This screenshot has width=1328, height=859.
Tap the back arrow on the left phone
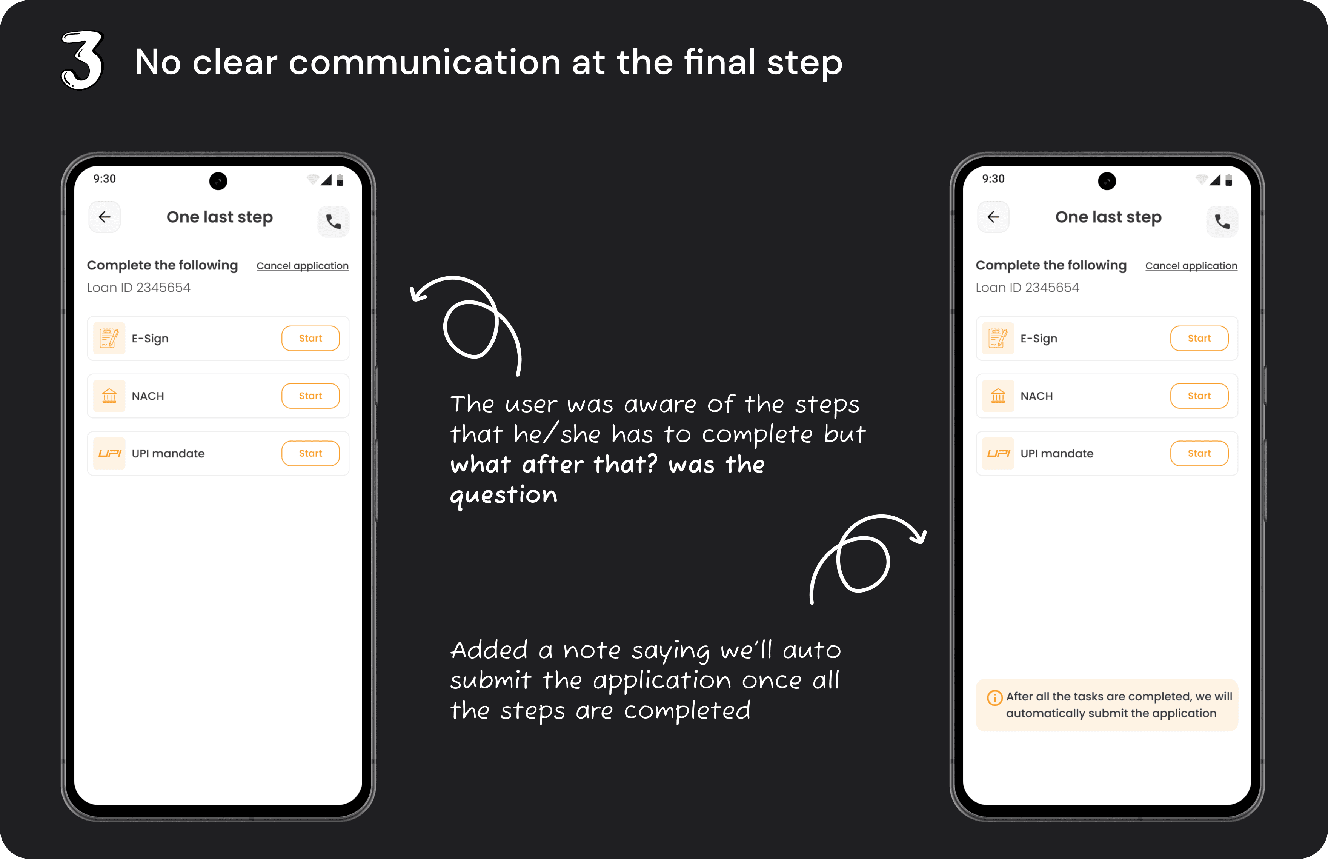[104, 217]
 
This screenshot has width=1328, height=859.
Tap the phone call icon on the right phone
[1222, 222]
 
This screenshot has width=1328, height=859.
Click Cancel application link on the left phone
[302, 266]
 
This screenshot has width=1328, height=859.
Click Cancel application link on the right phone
[1191, 266]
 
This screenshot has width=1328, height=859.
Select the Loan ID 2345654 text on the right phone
[1027, 288]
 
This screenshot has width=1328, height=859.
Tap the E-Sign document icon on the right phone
[998, 339]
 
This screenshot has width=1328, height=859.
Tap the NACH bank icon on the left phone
[109, 396]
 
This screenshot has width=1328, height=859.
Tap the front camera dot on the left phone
[218, 181]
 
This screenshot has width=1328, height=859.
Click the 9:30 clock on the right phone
[993, 179]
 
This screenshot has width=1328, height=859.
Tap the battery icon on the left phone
[340, 180]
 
